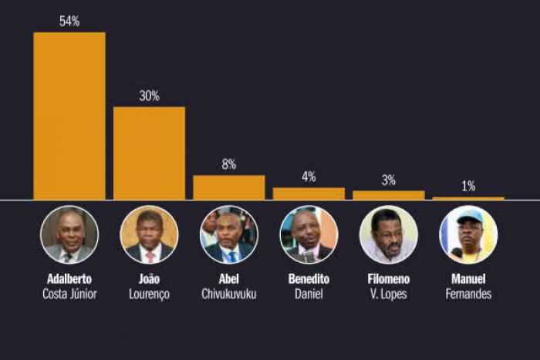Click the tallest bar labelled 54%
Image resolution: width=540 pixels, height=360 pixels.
pyautogui.click(x=69, y=116)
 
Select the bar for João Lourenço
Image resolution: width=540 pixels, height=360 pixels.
pyautogui.click(x=149, y=153)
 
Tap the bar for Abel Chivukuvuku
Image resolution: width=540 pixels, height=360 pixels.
pyautogui.click(x=229, y=187)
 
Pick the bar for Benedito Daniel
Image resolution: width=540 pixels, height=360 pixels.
pyautogui.click(x=309, y=193)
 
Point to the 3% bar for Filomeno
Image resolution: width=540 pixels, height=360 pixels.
pyautogui.click(x=389, y=195)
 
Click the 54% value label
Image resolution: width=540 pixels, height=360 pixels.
pyautogui.click(x=69, y=22)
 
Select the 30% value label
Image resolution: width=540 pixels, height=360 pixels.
pyautogui.click(x=149, y=96)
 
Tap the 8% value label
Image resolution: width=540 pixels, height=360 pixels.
pyautogui.click(x=229, y=164)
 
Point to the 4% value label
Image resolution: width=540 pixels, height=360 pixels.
pyautogui.click(x=309, y=177)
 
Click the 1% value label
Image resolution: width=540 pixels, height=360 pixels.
pyautogui.click(x=468, y=186)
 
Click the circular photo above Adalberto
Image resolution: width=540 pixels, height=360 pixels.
pyautogui.click(x=69, y=234)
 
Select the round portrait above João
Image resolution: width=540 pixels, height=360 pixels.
pyautogui.click(x=149, y=234)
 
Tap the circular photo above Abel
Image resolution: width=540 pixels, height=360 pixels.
pyautogui.click(x=229, y=234)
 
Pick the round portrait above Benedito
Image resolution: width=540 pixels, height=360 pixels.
pyautogui.click(x=309, y=234)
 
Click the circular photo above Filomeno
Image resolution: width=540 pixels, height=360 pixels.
pyautogui.click(x=389, y=234)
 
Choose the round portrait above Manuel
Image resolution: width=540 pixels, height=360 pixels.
pyautogui.click(x=468, y=234)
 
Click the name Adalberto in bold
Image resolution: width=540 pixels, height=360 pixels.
pyautogui.click(x=69, y=279)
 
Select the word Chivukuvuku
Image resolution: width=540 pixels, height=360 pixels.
pyautogui.click(x=229, y=294)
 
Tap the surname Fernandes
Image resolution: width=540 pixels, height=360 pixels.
pyautogui.click(x=468, y=294)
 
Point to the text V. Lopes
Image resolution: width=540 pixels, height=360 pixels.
pyautogui.click(x=389, y=294)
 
